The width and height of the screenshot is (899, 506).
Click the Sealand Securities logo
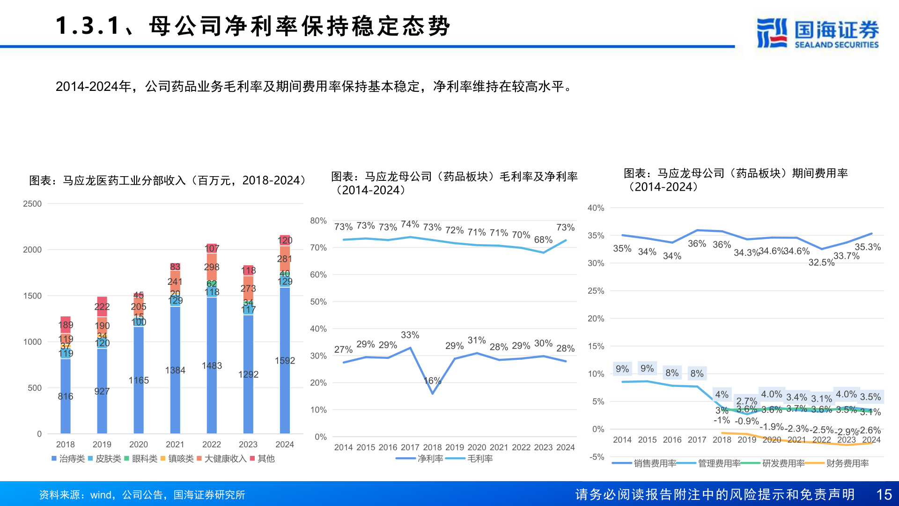pyautogui.click(x=817, y=33)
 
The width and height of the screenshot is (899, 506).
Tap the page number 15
pyautogui.click(x=884, y=494)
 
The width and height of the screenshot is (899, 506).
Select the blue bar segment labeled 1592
pyautogui.click(x=285, y=360)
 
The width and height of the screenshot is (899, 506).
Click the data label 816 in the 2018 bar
pyautogui.click(x=66, y=396)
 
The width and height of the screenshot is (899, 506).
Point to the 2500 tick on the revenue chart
pyautogui.click(x=32, y=204)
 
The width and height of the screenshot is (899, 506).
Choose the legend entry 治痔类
pyautogui.click(x=68, y=459)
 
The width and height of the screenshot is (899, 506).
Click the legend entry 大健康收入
pyautogui.click(x=222, y=459)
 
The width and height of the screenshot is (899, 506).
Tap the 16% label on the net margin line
pyautogui.click(x=432, y=380)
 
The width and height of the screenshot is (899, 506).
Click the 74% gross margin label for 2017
pyautogui.click(x=410, y=224)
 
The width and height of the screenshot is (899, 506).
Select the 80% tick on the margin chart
pyautogui.click(x=318, y=221)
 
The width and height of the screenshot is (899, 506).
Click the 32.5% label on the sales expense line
pyautogui.click(x=821, y=262)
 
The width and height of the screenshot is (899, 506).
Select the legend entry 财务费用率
pyautogui.click(x=842, y=463)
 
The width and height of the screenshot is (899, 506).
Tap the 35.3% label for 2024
pyautogui.click(x=868, y=247)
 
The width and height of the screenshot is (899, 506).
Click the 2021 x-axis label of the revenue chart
pyautogui.click(x=175, y=444)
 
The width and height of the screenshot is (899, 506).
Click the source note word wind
pyautogui.click(x=100, y=495)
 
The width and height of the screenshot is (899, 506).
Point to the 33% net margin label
pyautogui.click(x=410, y=335)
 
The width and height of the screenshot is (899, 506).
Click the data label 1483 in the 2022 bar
pyautogui.click(x=212, y=365)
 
